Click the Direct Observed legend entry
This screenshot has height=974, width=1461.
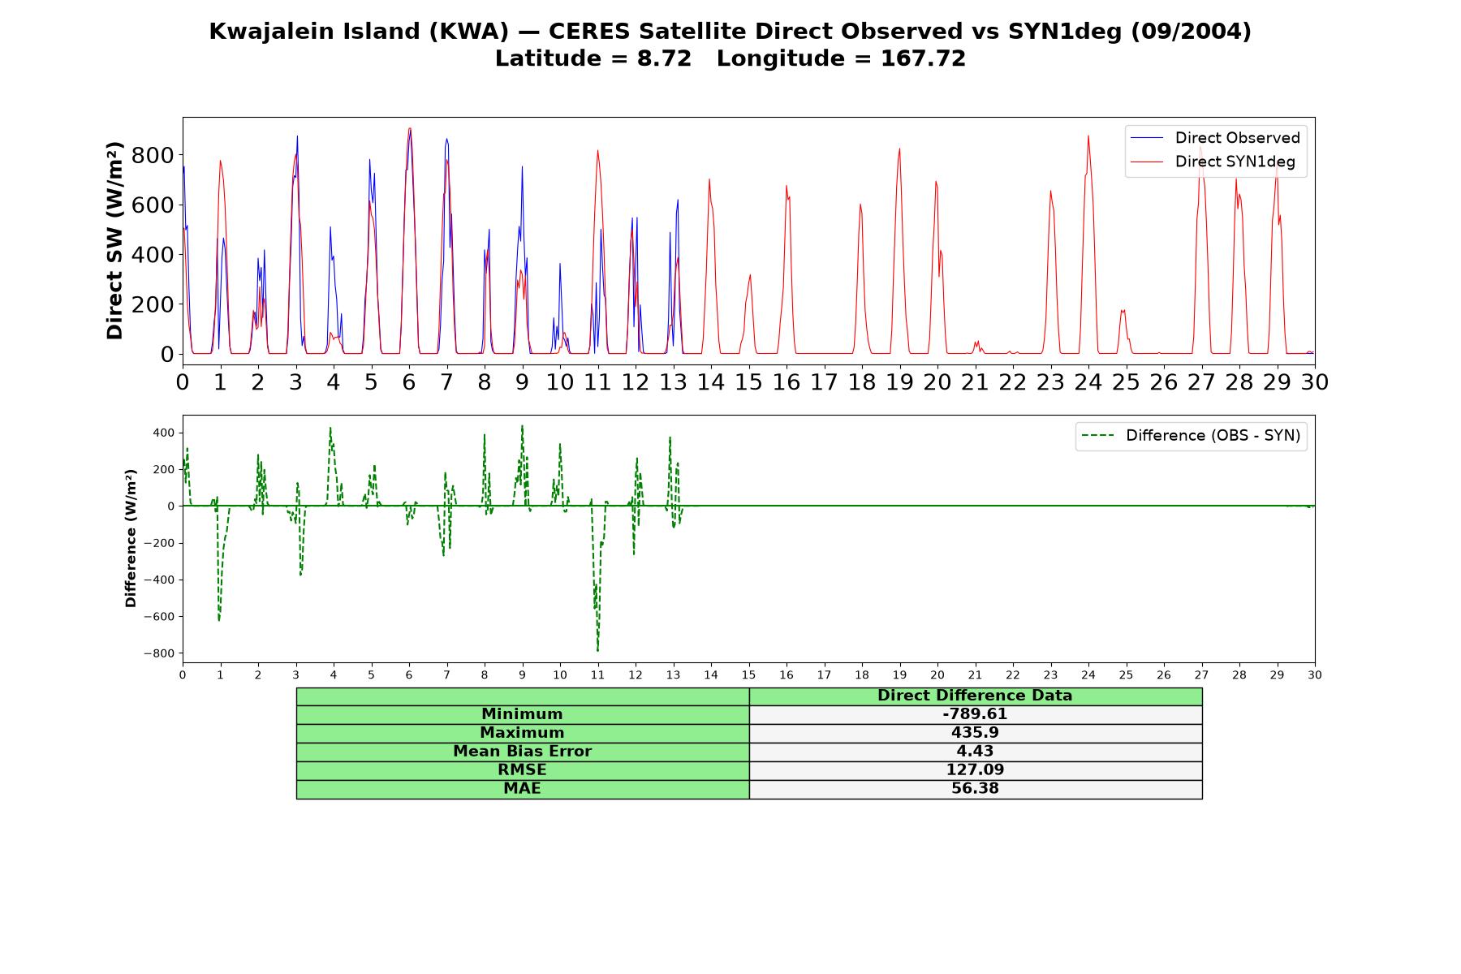point(1216,138)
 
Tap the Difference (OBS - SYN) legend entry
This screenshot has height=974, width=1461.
point(1192,436)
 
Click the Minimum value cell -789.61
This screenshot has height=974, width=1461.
point(975,714)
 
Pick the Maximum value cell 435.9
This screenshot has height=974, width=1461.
point(975,733)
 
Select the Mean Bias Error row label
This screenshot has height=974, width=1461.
point(522,752)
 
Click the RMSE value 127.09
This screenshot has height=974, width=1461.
point(975,770)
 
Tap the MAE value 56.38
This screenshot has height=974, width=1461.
point(975,789)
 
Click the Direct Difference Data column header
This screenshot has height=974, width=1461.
point(975,696)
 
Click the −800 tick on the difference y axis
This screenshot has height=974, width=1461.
point(159,653)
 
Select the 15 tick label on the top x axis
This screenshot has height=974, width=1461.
point(748,382)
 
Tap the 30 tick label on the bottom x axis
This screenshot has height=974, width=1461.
point(1314,675)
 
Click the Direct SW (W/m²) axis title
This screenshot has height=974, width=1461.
point(115,240)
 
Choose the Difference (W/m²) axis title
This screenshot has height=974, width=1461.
point(131,539)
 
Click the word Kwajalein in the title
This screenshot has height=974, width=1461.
point(266,32)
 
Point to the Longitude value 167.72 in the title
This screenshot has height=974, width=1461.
point(923,58)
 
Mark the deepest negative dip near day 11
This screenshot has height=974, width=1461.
point(597,650)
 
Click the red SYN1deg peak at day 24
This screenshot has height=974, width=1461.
point(1088,136)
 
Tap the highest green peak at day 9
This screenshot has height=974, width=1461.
point(522,426)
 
